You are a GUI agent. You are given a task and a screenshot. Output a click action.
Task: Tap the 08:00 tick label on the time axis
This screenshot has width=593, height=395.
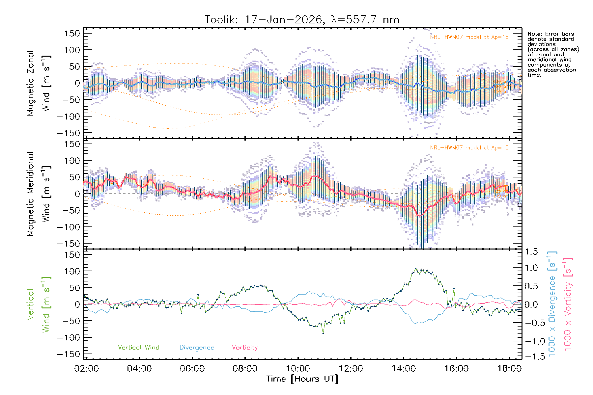[x=245, y=369]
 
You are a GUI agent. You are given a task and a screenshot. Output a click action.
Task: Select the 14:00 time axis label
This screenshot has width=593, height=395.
[x=404, y=369]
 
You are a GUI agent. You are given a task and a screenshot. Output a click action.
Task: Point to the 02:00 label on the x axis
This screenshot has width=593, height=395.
[x=86, y=369]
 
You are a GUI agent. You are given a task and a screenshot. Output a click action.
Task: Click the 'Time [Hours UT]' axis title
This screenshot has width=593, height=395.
[x=302, y=379]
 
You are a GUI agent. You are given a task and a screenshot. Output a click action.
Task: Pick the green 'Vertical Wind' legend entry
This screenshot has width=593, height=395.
[x=138, y=348]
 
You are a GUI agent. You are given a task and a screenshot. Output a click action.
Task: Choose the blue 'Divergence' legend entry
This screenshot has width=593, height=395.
[x=197, y=348]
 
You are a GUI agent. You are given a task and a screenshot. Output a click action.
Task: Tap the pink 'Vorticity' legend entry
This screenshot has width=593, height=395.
[x=244, y=348]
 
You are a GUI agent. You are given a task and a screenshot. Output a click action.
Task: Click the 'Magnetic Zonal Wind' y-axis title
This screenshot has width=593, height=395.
[x=39, y=83]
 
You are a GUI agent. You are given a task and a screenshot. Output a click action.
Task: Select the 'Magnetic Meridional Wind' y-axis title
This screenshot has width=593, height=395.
[x=39, y=194]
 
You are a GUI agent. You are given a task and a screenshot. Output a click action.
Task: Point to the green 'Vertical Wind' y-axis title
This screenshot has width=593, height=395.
[x=39, y=304]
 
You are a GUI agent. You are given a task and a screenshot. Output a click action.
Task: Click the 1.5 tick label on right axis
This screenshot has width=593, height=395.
[x=531, y=252]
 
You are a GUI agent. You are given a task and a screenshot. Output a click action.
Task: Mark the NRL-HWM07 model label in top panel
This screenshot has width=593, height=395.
[x=469, y=37]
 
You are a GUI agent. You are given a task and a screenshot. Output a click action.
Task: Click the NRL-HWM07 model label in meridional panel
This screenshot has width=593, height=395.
[x=469, y=148]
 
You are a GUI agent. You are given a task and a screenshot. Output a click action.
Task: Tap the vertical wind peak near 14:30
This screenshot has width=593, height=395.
[x=416, y=269]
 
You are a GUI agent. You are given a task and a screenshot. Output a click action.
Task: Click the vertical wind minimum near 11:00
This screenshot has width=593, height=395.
[x=323, y=333]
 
